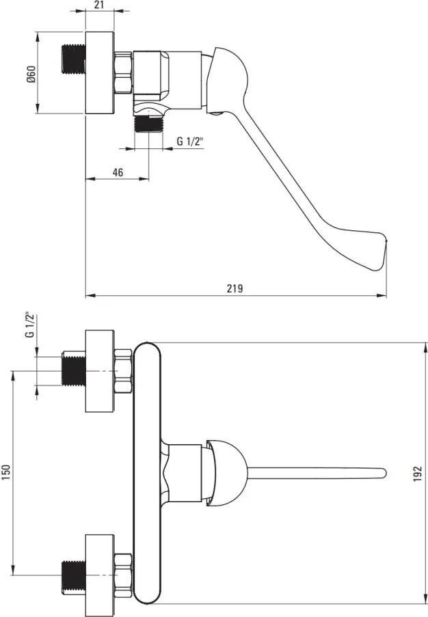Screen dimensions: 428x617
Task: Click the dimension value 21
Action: [x=100, y=4]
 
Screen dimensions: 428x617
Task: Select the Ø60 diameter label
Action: [x=31, y=74]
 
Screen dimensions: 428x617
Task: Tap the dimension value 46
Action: [x=118, y=172]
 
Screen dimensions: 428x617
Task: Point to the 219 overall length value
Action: [x=235, y=288]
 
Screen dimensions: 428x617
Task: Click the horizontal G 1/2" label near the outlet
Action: [x=190, y=141]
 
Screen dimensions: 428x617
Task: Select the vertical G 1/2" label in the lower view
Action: [x=29, y=326]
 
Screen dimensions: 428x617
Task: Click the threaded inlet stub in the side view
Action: [x=75, y=59]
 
